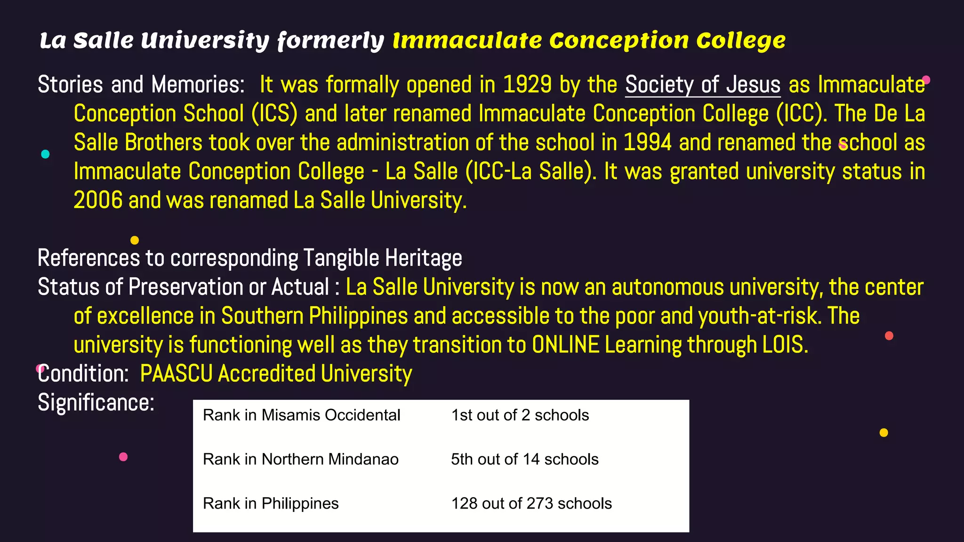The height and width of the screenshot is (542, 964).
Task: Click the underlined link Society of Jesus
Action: tap(702, 85)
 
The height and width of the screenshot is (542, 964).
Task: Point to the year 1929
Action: tap(527, 85)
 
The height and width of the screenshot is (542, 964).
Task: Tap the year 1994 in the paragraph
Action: tap(647, 143)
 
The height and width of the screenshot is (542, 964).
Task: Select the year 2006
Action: tap(98, 200)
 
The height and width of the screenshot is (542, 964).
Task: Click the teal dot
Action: tap(45, 154)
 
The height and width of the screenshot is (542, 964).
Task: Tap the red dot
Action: tap(889, 335)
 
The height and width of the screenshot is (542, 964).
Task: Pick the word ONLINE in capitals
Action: tap(565, 345)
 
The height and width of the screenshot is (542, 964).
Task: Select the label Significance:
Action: tap(96, 403)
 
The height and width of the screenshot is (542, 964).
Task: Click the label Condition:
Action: tap(83, 374)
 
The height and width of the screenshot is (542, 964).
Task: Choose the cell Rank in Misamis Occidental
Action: tap(301, 415)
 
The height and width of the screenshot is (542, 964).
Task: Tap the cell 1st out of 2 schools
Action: tap(520, 415)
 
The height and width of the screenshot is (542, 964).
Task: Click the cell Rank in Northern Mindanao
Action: tap(300, 459)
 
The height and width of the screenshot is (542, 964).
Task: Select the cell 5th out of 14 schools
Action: tap(524, 459)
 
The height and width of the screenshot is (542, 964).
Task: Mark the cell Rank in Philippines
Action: tap(271, 503)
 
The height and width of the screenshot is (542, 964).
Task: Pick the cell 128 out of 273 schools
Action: tap(531, 503)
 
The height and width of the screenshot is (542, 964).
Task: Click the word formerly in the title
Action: tap(331, 41)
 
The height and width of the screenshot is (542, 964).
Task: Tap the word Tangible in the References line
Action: tap(341, 258)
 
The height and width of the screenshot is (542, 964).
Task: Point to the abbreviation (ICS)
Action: tap(274, 114)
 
